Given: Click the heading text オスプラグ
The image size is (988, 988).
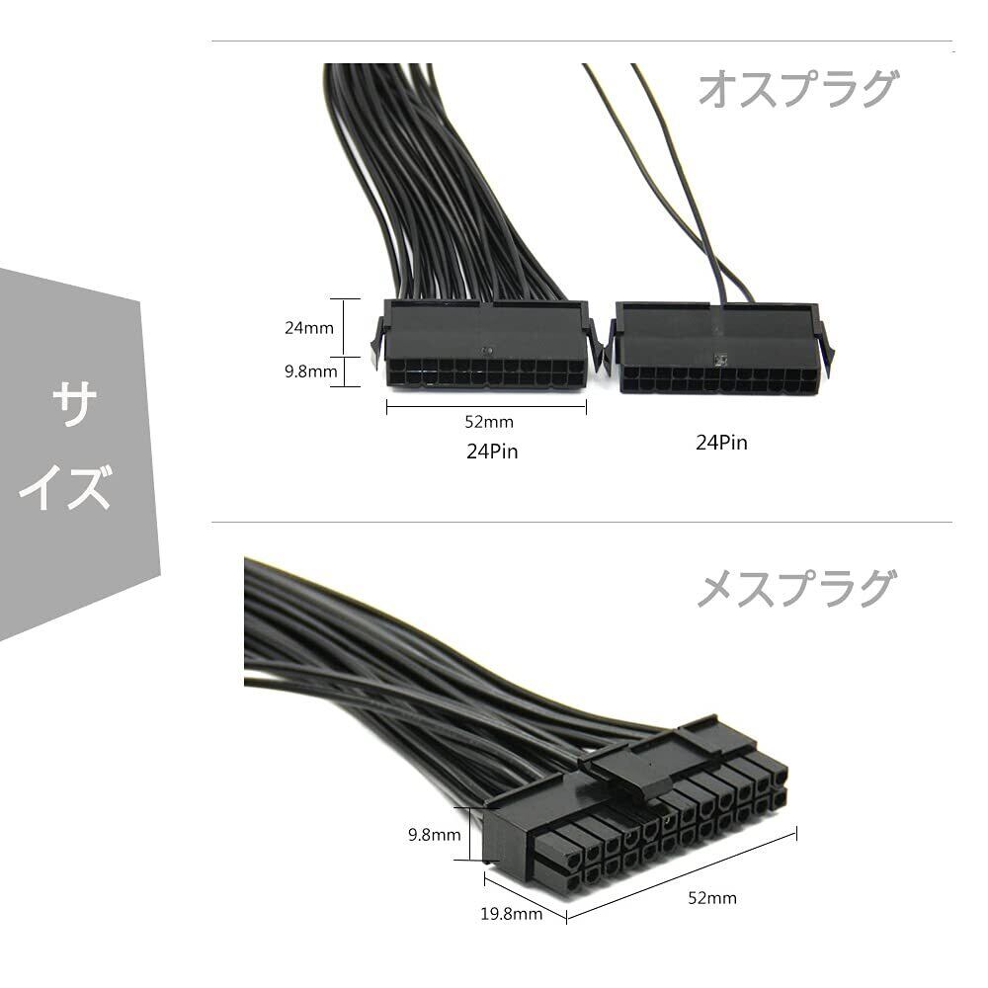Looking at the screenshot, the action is click(797, 89).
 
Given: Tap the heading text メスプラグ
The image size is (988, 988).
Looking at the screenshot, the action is click(797, 590).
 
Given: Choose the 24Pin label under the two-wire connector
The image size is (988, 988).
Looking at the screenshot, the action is click(721, 443).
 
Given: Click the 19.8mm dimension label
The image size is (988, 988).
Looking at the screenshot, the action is click(512, 914).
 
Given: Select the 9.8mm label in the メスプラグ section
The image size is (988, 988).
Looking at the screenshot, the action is click(434, 835).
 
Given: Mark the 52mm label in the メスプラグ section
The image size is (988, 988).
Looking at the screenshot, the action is click(711, 898).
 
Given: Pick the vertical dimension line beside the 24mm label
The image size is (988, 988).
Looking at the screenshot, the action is click(344, 327).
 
